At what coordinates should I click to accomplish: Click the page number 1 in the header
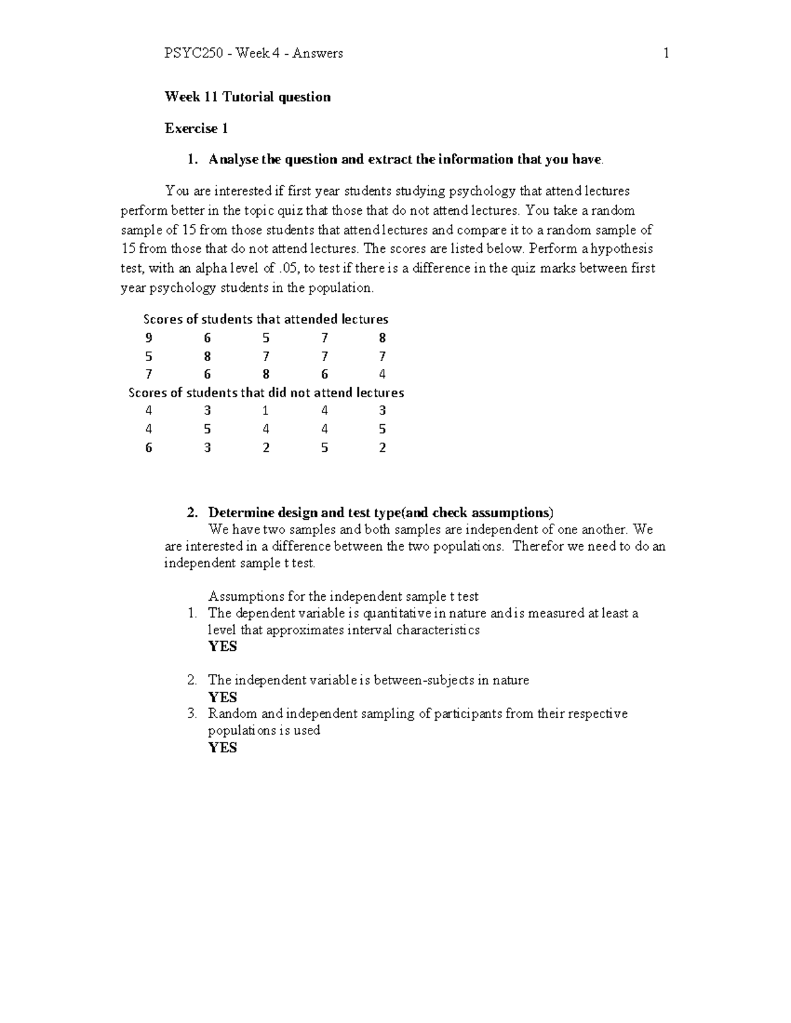(x=666, y=53)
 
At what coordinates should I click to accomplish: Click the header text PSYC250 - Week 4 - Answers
(x=253, y=53)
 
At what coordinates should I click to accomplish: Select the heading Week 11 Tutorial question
(x=247, y=97)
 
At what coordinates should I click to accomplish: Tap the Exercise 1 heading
(x=196, y=128)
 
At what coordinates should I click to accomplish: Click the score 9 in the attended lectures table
(x=149, y=338)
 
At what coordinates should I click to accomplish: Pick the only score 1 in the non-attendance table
(x=266, y=410)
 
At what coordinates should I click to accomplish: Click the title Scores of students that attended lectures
(x=266, y=319)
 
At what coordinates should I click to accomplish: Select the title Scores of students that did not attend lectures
(x=266, y=393)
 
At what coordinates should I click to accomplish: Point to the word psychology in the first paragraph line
(x=483, y=191)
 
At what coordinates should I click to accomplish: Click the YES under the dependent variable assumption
(x=222, y=646)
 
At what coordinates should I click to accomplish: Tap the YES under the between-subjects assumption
(x=222, y=697)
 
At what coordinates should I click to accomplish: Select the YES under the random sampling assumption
(x=222, y=748)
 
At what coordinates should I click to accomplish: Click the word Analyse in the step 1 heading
(x=233, y=159)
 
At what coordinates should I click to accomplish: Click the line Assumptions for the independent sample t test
(x=343, y=596)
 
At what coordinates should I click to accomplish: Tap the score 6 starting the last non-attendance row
(x=149, y=447)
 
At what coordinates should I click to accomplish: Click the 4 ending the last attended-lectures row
(x=382, y=374)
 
